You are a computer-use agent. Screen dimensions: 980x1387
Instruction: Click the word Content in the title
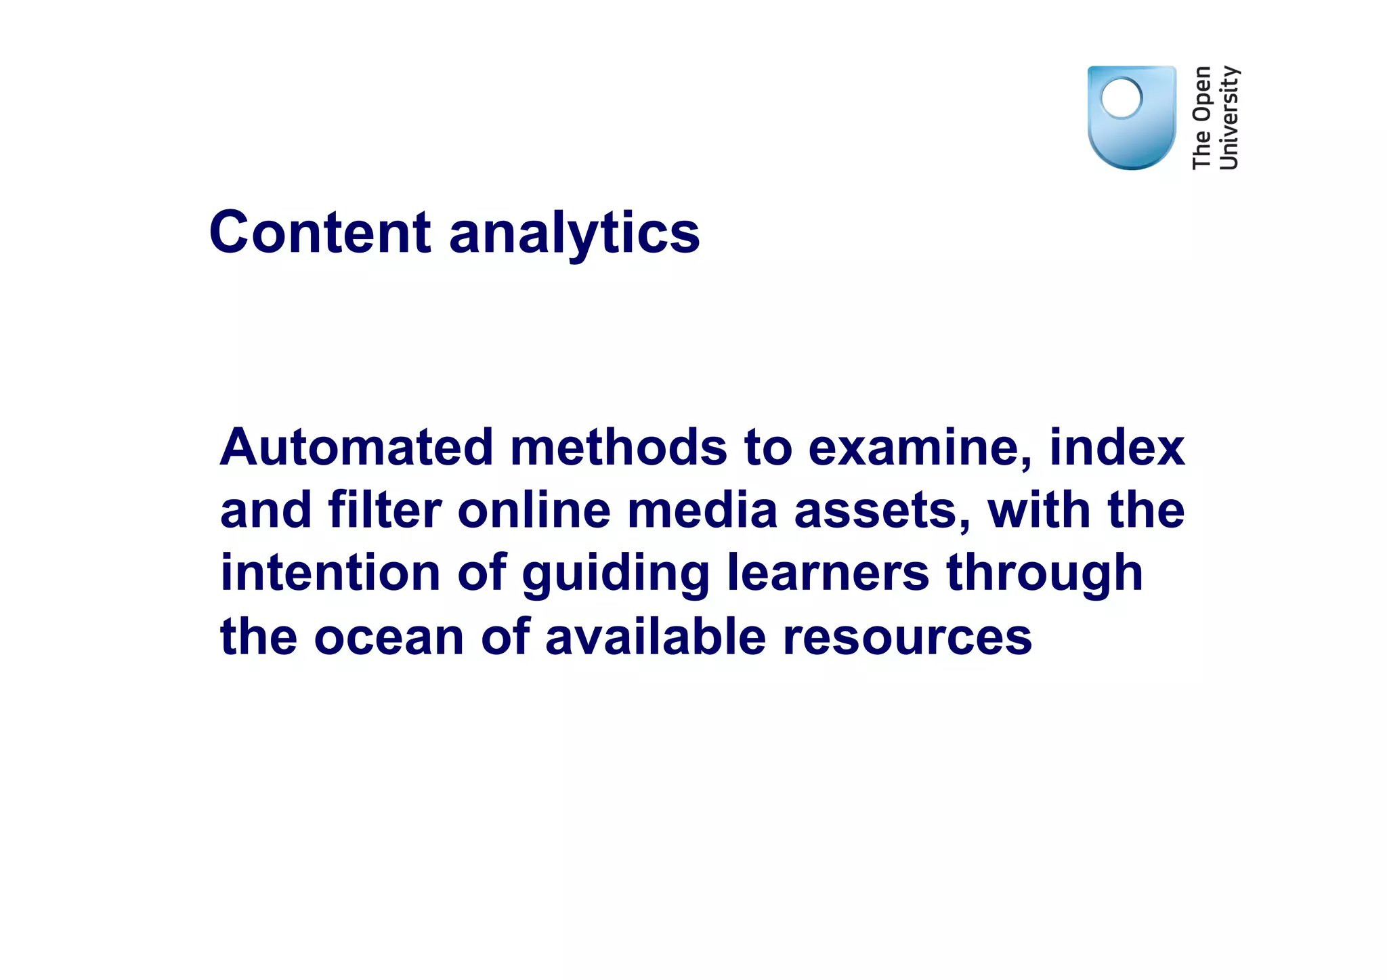click(320, 232)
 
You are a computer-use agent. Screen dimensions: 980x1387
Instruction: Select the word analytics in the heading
click(574, 234)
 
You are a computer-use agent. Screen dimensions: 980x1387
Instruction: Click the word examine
click(920, 448)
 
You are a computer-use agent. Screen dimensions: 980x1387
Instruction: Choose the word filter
click(385, 510)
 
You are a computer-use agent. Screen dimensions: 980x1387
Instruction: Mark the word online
click(534, 510)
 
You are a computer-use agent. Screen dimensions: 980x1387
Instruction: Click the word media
click(702, 510)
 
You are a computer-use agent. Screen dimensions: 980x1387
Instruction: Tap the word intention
click(330, 573)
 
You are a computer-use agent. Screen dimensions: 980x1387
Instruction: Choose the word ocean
click(389, 637)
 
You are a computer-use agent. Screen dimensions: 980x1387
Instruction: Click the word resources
click(908, 637)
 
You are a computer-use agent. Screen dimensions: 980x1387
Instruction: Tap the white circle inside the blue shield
click(1122, 98)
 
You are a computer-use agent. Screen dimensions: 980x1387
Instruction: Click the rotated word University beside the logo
click(1229, 118)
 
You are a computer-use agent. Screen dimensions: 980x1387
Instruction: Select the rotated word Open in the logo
click(1202, 94)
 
